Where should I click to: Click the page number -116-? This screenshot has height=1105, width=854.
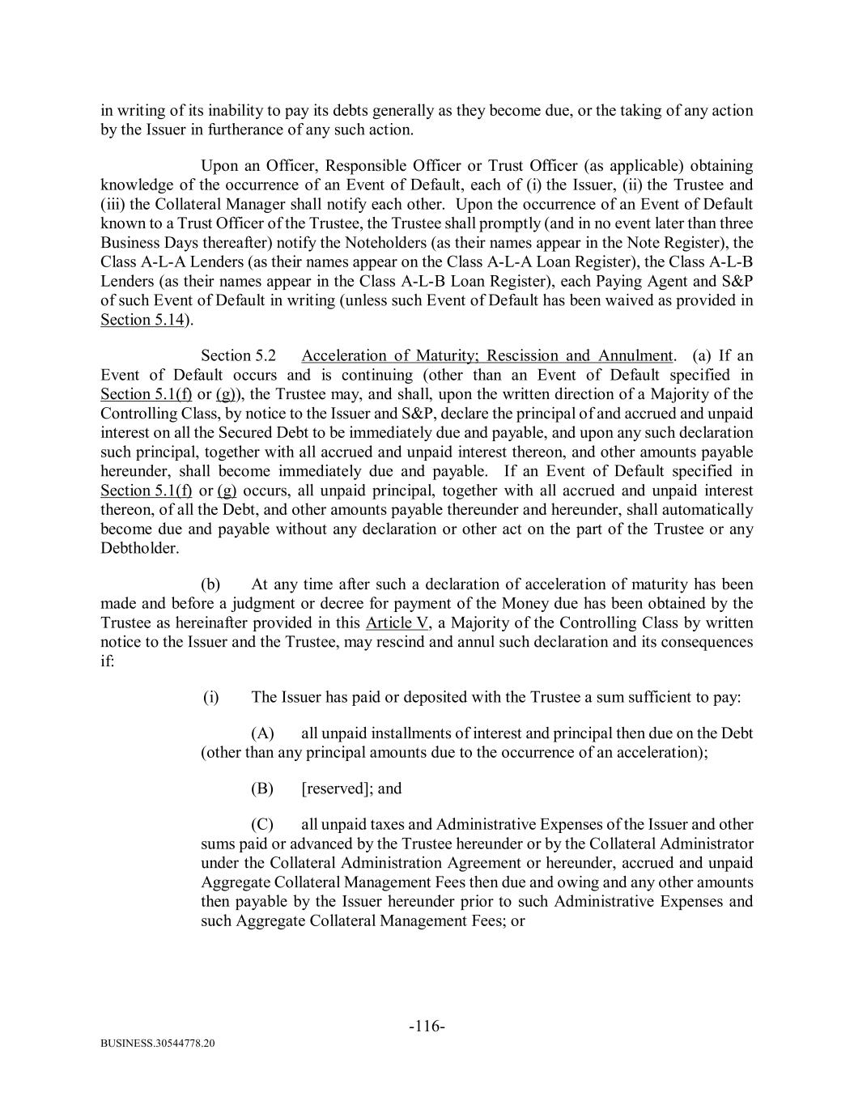click(x=427, y=1026)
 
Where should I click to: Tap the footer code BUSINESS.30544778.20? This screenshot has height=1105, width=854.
click(x=158, y=1043)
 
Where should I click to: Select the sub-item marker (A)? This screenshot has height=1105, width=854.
click(x=262, y=733)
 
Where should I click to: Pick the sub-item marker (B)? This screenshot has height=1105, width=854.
click(x=262, y=788)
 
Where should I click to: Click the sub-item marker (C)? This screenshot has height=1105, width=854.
click(x=262, y=824)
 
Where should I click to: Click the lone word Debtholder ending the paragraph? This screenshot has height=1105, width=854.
click(x=138, y=548)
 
